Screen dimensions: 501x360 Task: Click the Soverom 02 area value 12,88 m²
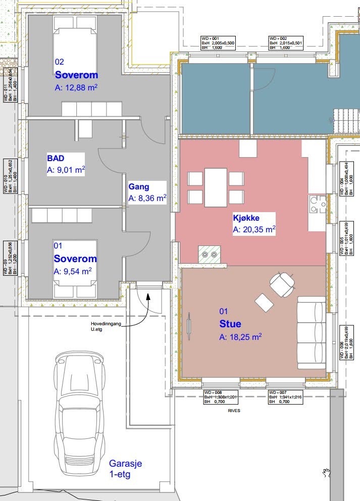click(76, 87)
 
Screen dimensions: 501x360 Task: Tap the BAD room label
click(56, 158)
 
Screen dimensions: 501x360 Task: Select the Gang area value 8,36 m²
click(147, 198)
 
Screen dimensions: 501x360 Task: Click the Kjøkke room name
click(246, 218)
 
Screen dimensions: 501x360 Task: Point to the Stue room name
click(230, 324)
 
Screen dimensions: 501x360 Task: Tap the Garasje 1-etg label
click(126, 469)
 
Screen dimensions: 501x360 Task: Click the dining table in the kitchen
click(216, 187)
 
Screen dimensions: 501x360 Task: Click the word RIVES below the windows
click(234, 411)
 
